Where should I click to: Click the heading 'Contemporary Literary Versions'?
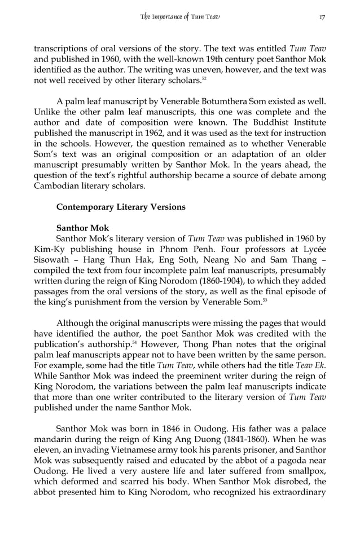[x=121, y=207]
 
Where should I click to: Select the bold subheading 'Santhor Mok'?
[x=83, y=228]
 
